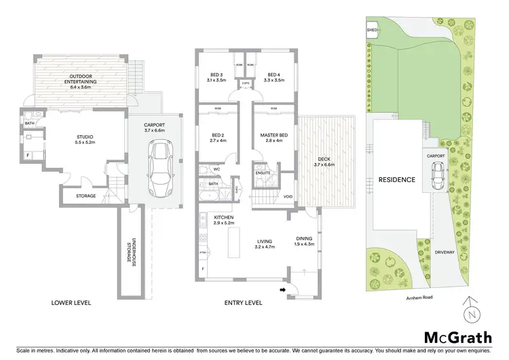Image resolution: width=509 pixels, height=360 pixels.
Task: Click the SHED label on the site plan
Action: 372,31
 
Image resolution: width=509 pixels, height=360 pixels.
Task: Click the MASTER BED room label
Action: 274,136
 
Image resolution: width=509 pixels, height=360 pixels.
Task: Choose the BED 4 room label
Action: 274,75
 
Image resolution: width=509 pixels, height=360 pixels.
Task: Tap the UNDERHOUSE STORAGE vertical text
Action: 134,252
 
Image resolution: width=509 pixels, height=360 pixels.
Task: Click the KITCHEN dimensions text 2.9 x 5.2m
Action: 223,223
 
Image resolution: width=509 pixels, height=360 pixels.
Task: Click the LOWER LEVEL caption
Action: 71,302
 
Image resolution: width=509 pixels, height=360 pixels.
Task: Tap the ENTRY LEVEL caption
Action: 242,302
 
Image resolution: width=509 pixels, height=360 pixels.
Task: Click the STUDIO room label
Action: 84,137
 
